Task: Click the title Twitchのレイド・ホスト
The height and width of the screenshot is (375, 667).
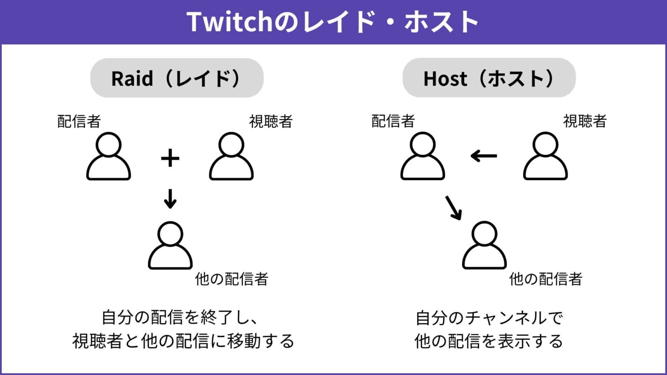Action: (333, 22)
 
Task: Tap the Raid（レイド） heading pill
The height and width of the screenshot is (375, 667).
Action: (177, 78)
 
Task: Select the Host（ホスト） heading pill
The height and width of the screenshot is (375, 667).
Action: (489, 78)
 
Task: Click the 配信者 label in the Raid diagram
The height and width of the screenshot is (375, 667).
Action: (79, 121)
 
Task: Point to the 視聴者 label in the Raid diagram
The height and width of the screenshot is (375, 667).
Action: (271, 121)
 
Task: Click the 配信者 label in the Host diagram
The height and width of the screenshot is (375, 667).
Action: (393, 121)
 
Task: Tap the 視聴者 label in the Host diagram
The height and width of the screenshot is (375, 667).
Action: (584, 121)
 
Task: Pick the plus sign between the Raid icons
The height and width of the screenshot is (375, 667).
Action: (170, 158)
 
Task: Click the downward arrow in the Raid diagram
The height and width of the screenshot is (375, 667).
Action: (170, 198)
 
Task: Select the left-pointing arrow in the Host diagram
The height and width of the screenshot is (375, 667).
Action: (484, 155)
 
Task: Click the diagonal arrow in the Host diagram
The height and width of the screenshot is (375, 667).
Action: (453, 207)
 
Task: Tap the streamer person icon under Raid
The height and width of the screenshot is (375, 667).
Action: (109, 156)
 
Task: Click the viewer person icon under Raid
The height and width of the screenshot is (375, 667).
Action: (231, 156)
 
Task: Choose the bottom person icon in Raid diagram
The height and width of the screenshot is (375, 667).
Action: (170, 246)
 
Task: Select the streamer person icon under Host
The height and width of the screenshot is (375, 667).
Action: (423, 156)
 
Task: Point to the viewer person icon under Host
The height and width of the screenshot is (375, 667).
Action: (545, 156)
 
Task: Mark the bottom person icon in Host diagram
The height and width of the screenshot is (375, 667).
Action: (484, 246)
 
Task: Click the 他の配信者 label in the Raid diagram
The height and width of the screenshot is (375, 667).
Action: (231, 279)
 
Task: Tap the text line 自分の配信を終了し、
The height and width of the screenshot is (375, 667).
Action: (180, 317)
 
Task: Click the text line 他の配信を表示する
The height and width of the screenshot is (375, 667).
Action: (489, 341)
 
